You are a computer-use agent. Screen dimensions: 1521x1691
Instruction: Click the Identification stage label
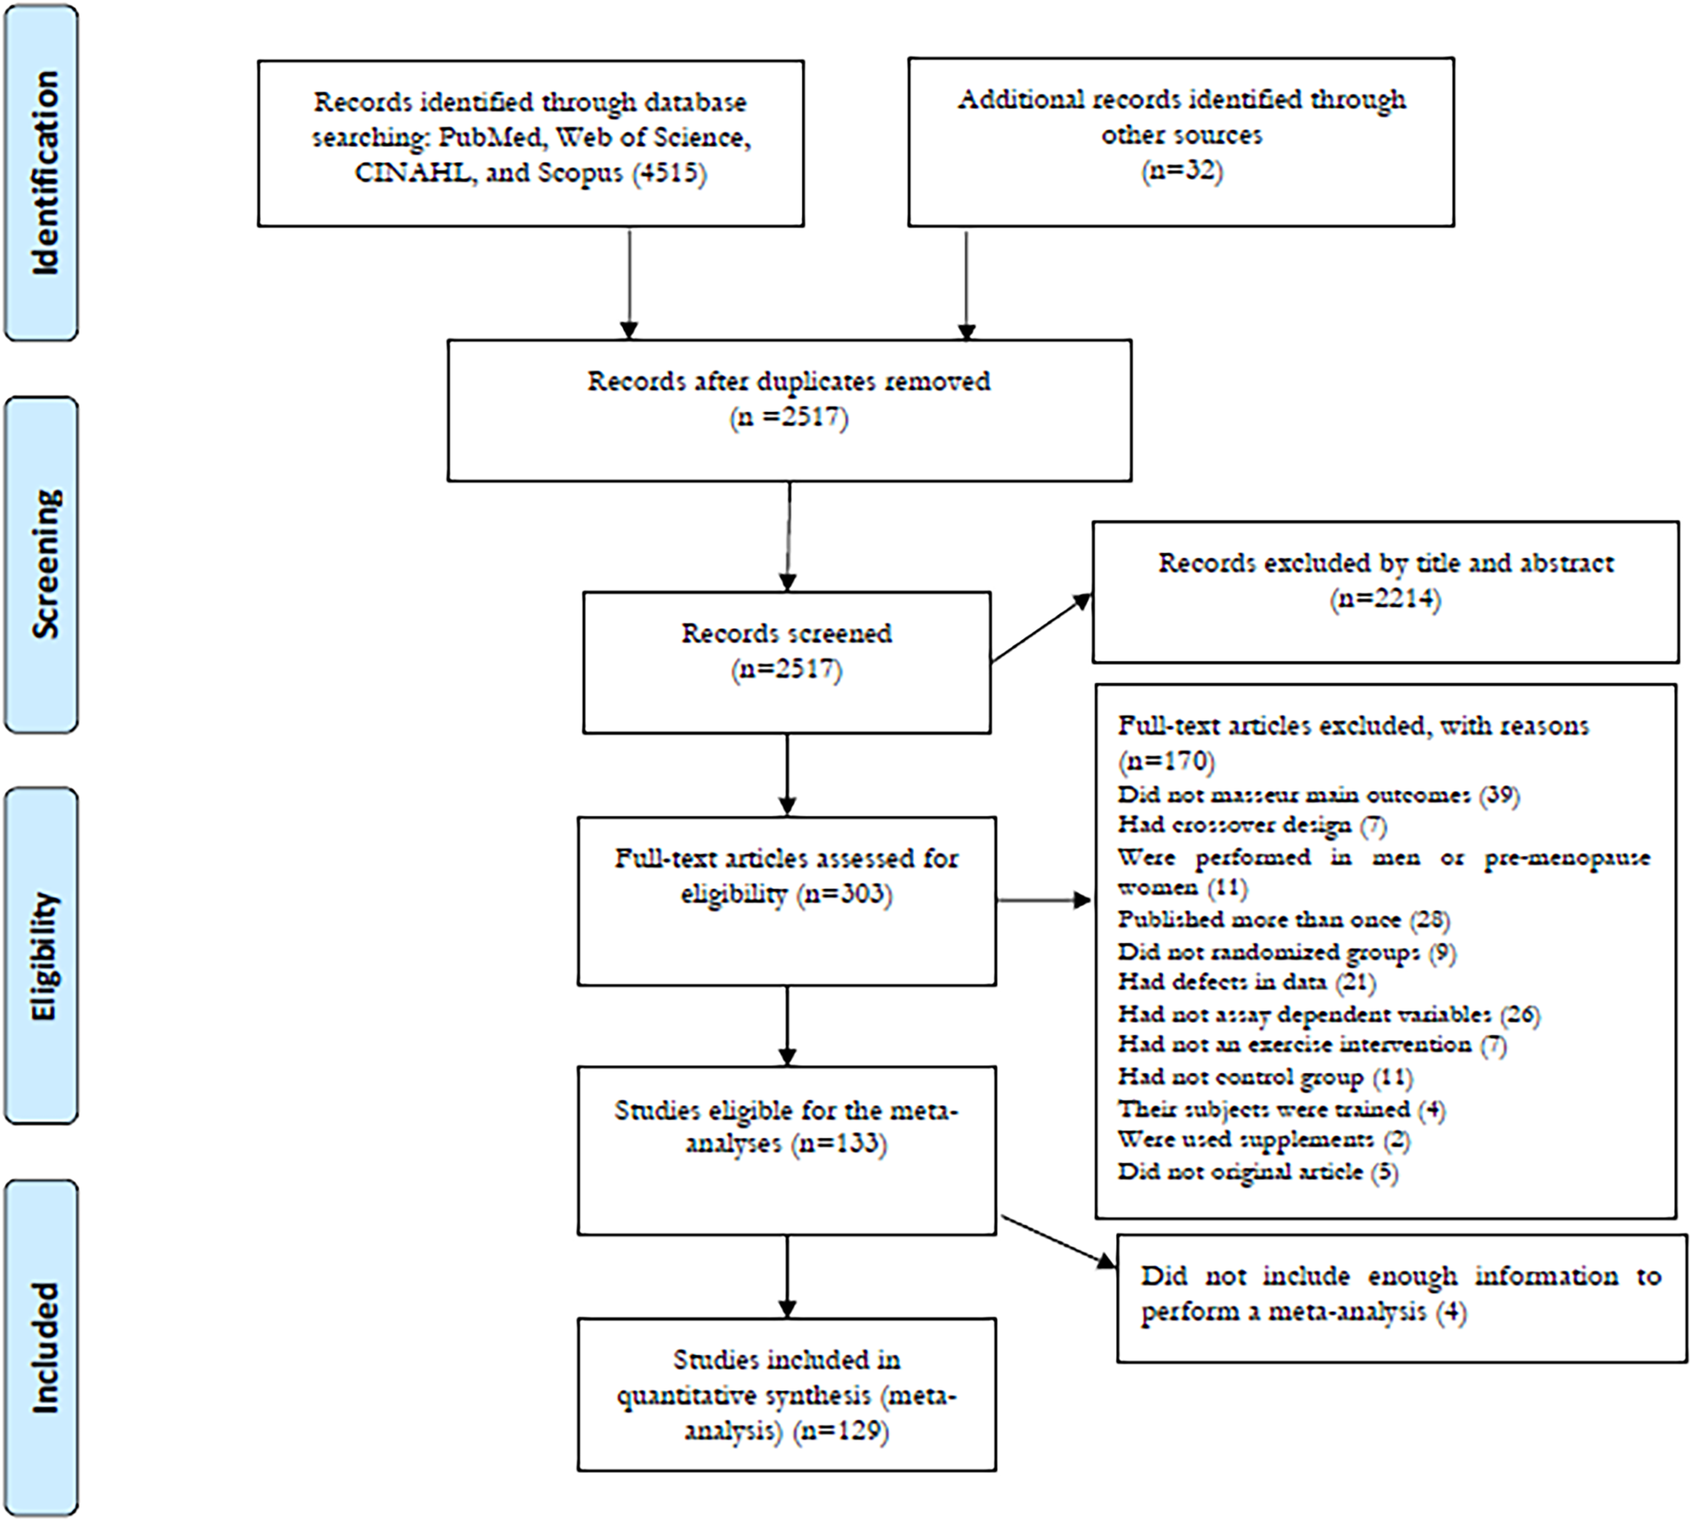(x=42, y=173)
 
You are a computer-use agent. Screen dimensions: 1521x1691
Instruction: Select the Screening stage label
(x=42, y=564)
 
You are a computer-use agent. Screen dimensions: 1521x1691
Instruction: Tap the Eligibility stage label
(x=42, y=956)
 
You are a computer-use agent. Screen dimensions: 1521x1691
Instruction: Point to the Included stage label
(x=42, y=1348)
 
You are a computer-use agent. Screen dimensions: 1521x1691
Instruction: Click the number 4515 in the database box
(x=669, y=173)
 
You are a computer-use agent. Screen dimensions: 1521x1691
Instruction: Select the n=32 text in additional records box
(x=1182, y=170)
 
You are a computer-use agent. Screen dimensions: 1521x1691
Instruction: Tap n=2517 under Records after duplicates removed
(x=789, y=417)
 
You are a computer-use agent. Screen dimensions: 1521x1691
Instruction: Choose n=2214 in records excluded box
(x=1386, y=599)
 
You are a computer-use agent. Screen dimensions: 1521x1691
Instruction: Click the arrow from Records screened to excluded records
(x=1040, y=628)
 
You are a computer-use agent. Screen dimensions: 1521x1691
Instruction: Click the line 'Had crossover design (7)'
(x=1251, y=826)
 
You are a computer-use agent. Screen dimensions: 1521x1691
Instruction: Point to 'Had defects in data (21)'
(x=1246, y=983)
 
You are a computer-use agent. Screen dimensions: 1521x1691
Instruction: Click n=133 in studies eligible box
(x=839, y=1144)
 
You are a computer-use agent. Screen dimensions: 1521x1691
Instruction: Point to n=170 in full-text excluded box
(x=1166, y=761)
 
